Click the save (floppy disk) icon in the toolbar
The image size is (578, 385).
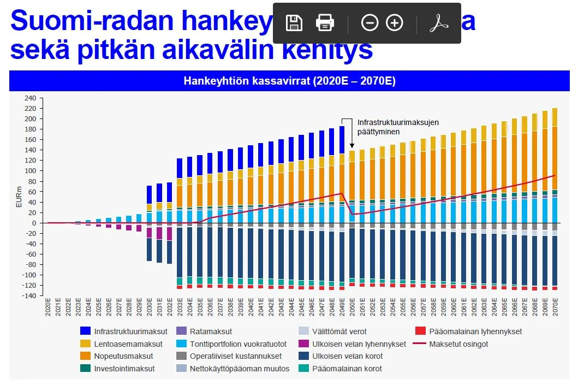[x=294, y=23]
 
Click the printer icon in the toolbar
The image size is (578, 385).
[x=325, y=23]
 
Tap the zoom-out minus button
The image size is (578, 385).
[x=370, y=23]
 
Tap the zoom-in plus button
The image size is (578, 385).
[x=395, y=23]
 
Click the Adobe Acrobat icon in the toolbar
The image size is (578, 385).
[x=438, y=23]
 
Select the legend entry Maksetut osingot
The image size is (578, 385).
[x=458, y=344]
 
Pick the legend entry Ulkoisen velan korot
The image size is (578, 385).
[x=347, y=356]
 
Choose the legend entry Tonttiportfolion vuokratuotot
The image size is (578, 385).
[x=238, y=344]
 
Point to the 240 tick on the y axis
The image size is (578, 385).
[x=31, y=98]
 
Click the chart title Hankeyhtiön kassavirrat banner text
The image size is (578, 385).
[x=289, y=81]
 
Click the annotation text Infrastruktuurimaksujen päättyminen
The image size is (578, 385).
[x=397, y=127]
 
